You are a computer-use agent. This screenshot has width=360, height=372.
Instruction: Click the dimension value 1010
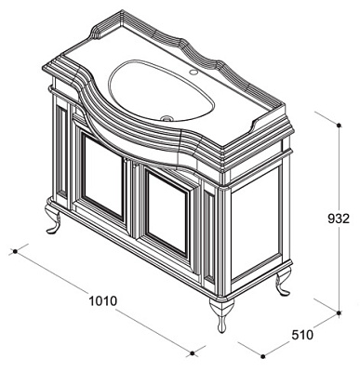point(103,300)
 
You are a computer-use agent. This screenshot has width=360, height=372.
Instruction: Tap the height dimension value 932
point(339,219)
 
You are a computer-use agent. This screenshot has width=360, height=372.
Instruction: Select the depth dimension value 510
point(302,335)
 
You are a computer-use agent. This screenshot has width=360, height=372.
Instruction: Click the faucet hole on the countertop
point(193,73)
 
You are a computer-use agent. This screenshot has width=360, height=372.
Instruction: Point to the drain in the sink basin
point(167,118)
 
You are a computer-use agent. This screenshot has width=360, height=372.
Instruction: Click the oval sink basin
point(161,90)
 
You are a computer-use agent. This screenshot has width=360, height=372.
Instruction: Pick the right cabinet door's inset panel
point(167,213)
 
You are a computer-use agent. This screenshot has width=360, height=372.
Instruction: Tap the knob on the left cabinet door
point(126,162)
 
